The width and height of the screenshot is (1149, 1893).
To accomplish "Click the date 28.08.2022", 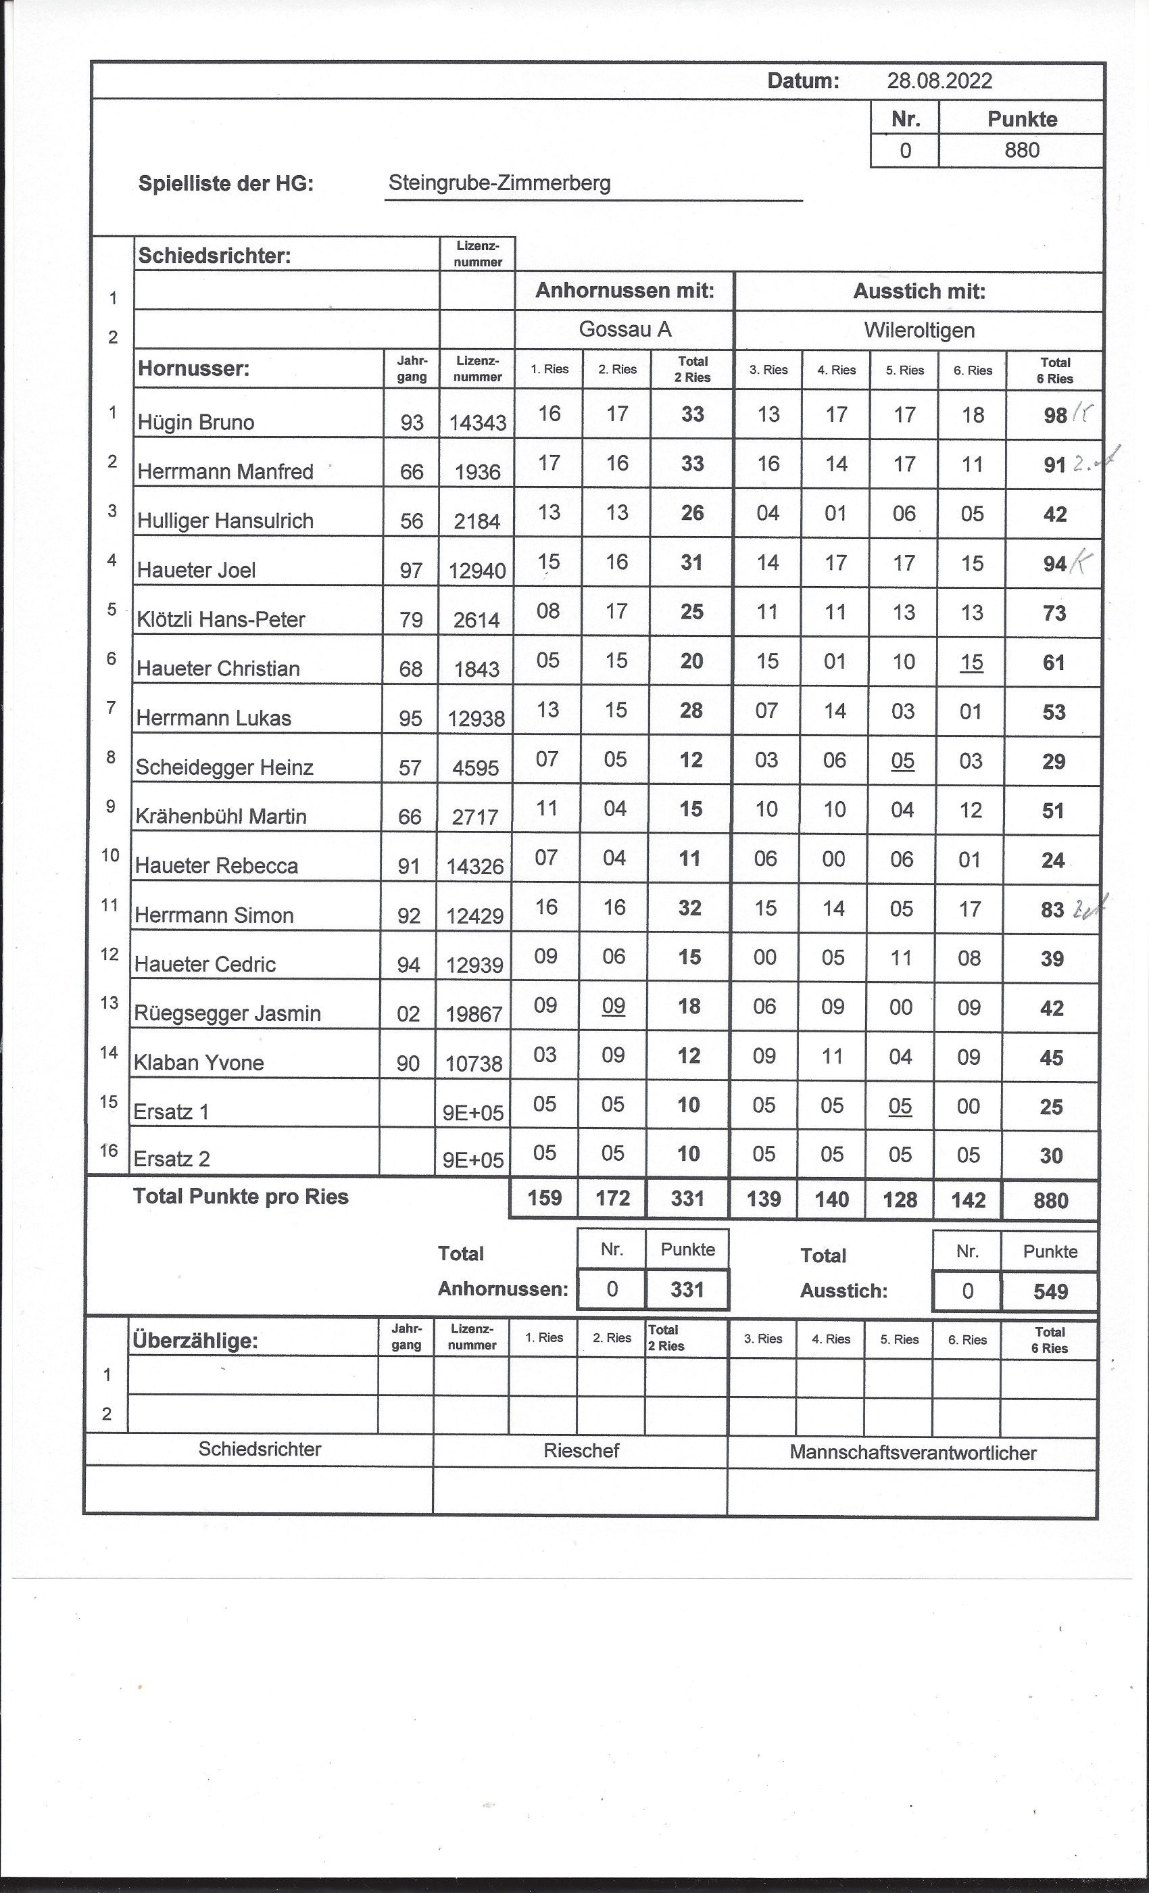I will pyautogui.click(x=939, y=80).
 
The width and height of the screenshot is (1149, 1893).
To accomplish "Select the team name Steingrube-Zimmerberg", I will pyautogui.click(x=499, y=183).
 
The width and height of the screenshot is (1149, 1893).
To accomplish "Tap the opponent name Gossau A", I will pyautogui.click(x=625, y=330).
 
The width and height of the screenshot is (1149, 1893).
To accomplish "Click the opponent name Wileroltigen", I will pyautogui.click(x=919, y=331).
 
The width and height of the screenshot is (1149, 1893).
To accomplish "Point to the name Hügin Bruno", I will pyautogui.click(x=196, y=422).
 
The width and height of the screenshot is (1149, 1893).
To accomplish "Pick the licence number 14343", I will pyautogui.click(x=477, y=423).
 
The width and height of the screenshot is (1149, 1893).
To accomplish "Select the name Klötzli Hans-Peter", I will pyautogui.click(x=220, y=619).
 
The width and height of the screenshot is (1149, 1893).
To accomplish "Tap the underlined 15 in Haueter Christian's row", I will pyautogui.click(x=972, y=661).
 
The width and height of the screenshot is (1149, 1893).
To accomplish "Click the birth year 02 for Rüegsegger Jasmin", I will pyautogui.click(x=409, y=1014).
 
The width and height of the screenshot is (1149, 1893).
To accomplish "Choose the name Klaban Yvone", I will pyautogui.click(x=199, y=1063).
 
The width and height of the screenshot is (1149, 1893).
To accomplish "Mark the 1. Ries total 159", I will pyautogui.click(x=545, y=1198).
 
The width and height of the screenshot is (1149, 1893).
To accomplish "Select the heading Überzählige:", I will pyautogui.click(x=195, y=1341).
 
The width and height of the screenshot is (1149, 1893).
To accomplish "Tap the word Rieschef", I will pyautogui.click(x=581, y=1450).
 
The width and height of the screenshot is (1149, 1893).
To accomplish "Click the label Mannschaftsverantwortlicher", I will pyautogui.click(x=912, y=1453).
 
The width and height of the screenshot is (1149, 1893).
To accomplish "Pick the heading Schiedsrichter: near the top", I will pyautogui.click(x=214, y=256).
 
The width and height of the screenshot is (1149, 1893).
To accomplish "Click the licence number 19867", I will pyautogui.click(x=474, y=1015).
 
